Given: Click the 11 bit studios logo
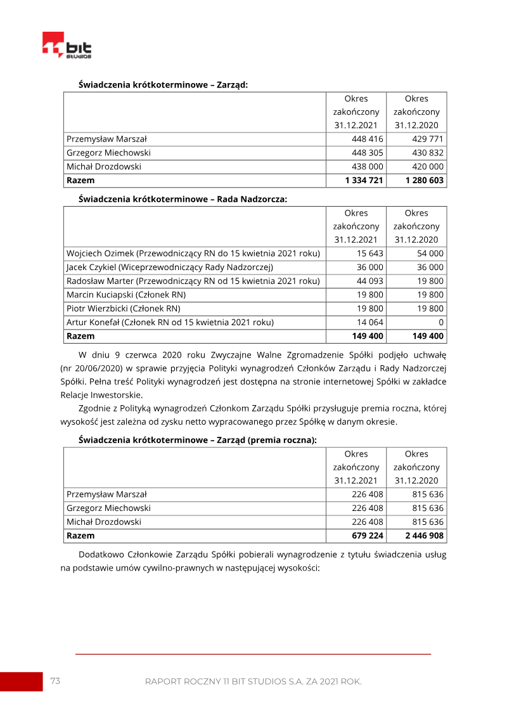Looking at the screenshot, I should (67, 46).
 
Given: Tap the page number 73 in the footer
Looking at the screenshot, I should (55, 681).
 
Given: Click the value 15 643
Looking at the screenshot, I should (370, 253).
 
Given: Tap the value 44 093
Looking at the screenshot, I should (370, 281).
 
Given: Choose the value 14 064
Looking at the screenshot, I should (370, 322).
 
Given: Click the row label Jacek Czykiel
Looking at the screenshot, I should (169, 267).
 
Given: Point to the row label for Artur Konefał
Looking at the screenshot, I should (170, 322).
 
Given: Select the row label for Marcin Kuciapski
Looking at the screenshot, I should (126, 295).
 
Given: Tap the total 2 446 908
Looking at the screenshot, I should (424, 536).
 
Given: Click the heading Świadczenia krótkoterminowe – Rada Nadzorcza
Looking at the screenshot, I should (183, 198).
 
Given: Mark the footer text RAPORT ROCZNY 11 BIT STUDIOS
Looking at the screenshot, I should (253, 681).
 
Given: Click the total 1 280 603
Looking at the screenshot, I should (424, 181).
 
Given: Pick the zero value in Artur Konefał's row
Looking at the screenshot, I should (441, 322).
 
